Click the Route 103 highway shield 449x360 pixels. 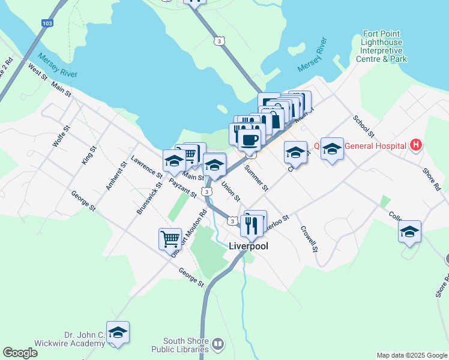(46, 23)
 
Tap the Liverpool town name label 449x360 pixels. (249, 246)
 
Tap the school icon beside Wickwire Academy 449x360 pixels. (118, 332)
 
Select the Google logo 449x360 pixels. (20, 353)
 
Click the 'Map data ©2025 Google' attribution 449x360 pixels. (412, 355)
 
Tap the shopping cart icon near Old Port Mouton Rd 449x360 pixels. (170, 238)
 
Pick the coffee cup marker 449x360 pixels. (249, 139)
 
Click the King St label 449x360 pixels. (89, 155)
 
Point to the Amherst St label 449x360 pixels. (116, 176)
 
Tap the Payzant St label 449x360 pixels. (182, 188)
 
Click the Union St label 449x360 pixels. (231, 191)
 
